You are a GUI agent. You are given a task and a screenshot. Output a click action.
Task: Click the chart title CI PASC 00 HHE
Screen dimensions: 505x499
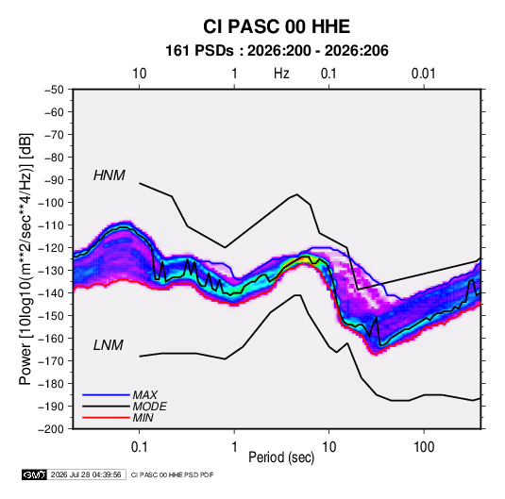(x=277, y=26)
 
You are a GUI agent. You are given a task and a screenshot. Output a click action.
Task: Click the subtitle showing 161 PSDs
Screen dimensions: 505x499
(x=277, y=51)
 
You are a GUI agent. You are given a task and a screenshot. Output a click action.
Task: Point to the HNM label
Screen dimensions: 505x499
(x=109, y=175)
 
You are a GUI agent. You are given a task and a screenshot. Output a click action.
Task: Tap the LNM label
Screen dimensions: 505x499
(x=109, y=345)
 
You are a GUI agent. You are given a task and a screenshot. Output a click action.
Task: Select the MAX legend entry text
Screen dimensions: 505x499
(x=145, y=394)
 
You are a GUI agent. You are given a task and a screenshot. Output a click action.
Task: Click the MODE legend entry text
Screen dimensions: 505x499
(x=150, y=407)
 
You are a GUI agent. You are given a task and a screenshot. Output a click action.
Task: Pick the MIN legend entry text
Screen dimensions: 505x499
(x=143, y=418)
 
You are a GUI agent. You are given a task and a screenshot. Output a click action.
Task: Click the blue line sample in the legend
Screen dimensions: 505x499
(x=106, y=394)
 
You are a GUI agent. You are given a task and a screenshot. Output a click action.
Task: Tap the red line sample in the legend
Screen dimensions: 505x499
(x=106, y=418)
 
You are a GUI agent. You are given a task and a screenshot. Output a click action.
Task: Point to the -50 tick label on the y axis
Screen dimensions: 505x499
(x=54, y=90)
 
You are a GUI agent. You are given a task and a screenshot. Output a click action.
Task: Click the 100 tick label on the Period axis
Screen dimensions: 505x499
(x=424, y=447)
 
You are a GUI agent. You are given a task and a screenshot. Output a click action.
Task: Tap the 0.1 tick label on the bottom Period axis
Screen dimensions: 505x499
(x=139, y=447)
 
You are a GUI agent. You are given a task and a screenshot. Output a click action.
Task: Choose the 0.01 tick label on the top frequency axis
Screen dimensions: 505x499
(x=424, y=74)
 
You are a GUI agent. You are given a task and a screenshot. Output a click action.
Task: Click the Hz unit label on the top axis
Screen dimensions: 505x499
(x=281, y=74)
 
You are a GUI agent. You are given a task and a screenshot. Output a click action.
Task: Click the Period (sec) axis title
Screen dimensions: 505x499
(x=281, y=457)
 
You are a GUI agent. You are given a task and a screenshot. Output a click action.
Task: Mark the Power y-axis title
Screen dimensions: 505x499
(x=25, y=258)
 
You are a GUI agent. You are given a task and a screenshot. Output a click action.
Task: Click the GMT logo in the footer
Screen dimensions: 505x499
(x=35, y=474)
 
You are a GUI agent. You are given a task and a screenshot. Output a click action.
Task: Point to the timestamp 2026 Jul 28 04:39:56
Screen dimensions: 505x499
(x=86, y=474)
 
